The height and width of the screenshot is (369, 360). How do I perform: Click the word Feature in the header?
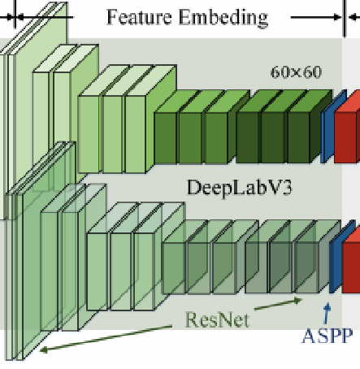click(143, 16)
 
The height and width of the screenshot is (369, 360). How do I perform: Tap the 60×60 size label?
click(296, 72)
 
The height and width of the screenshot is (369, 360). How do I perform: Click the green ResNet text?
click(217, 319)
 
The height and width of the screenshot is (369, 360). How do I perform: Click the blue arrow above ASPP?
click(327, 312)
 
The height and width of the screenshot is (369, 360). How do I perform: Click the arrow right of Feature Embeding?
click(317, 15)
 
